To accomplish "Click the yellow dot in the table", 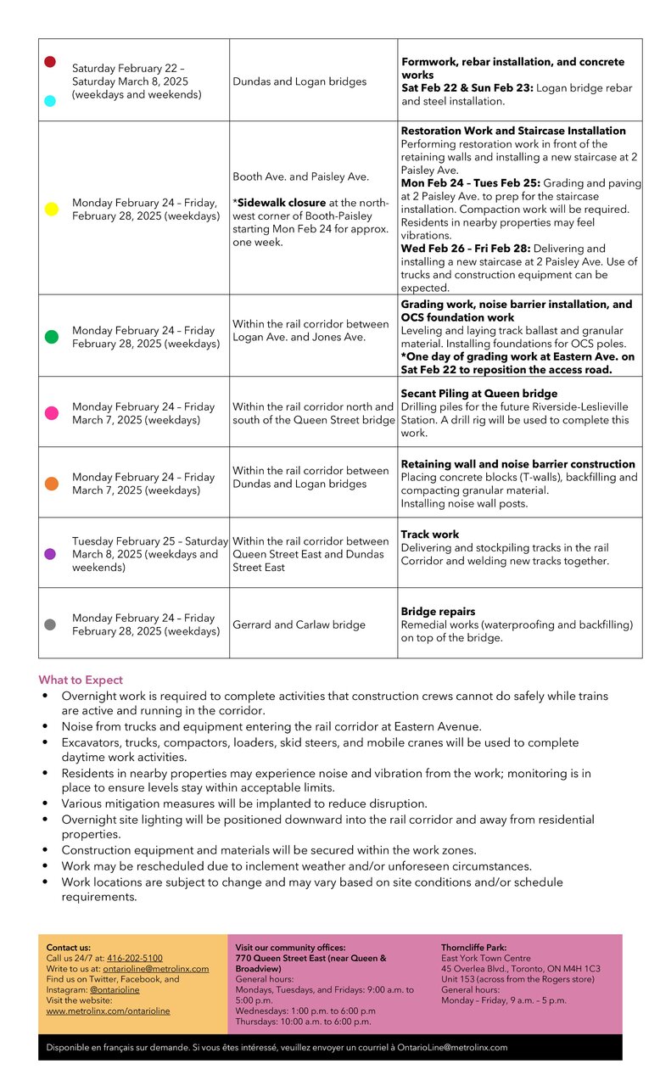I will click(x=51, y=209).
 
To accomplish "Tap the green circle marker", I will click(x=51, y=337).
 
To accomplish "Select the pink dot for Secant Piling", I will click(x=51, y=413).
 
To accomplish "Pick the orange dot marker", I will click(x=51, y=484).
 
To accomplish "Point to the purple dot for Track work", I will click(x=50, y=554).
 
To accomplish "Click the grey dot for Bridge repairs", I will click(x=50, y=624).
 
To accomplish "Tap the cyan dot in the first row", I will click(x=50, y=101).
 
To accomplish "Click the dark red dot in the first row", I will click(x=50, y=62).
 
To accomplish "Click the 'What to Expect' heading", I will click(x=81, y=680).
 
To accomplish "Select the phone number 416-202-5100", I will click(x=134, y=958).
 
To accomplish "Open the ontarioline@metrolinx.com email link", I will click(x=155, y=969).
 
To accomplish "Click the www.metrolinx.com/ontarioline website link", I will click(x=108, y=1010).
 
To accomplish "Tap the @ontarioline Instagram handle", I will click(x=115, y=990).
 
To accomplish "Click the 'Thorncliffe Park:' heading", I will click(x=473, y=947).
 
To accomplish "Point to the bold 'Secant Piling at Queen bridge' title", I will click(x=479, y=394).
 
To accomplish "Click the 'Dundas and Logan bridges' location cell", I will click(x=299, y=81).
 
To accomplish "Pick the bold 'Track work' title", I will click(x=430, y=535).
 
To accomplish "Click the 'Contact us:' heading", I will click(x=68, y=947).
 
